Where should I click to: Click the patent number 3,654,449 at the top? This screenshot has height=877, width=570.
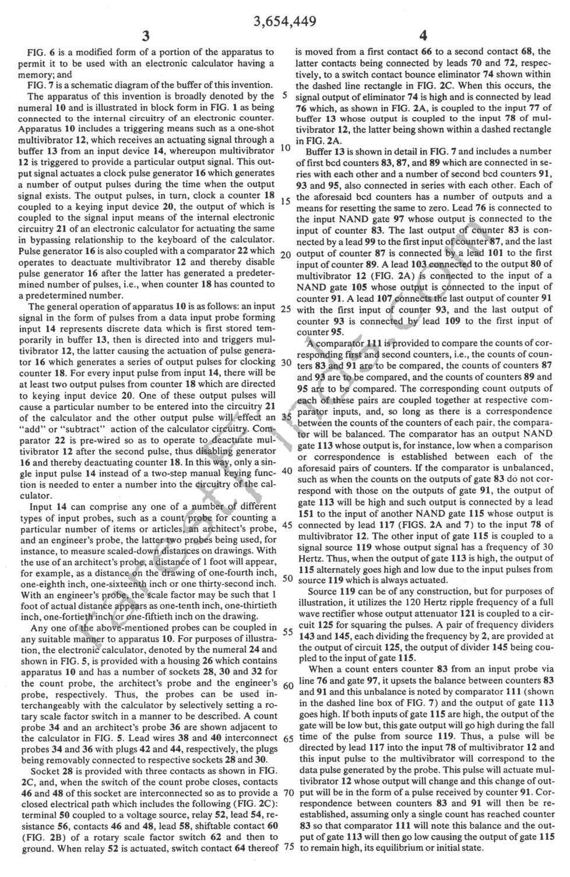tap(285, 22)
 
